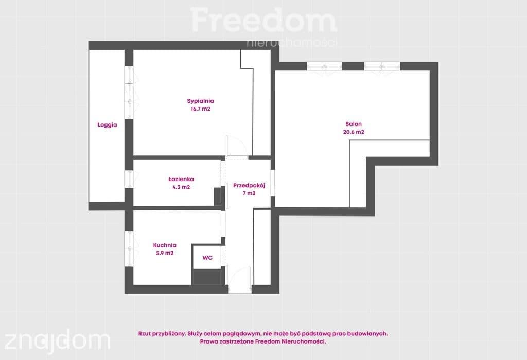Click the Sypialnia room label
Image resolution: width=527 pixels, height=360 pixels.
click(x=200, y=101)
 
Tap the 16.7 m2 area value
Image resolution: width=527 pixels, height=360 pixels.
click(x=200, y=109)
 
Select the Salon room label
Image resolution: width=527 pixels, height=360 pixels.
click(x=354, y=124)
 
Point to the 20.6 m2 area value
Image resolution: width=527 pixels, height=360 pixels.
click(x=354, y=132)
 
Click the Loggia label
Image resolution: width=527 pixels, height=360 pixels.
click(x=107, y=125)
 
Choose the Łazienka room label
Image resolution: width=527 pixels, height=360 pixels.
click(x=181, y=179)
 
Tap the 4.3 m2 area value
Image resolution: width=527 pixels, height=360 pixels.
click(x=181, y=187)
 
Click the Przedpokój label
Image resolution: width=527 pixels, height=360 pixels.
click(x=249, y=185)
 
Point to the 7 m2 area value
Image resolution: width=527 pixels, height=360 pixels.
click(x=249, y=193)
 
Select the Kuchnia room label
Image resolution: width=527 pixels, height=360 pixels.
click(x=165, y=245)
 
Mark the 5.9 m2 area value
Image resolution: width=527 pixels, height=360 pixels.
click(x=165, y=253)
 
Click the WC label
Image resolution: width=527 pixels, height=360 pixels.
click(x=207, y=258)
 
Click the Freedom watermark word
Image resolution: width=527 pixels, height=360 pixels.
click(x=263, y=20)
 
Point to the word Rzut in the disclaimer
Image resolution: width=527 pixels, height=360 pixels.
click(x=144, y=334)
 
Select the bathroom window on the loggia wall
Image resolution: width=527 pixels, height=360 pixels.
click(x=129, y=179)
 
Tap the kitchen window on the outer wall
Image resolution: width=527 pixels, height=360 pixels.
click(x=129, y=249)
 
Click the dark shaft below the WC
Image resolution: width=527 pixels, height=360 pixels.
click(x=207, y=277)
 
